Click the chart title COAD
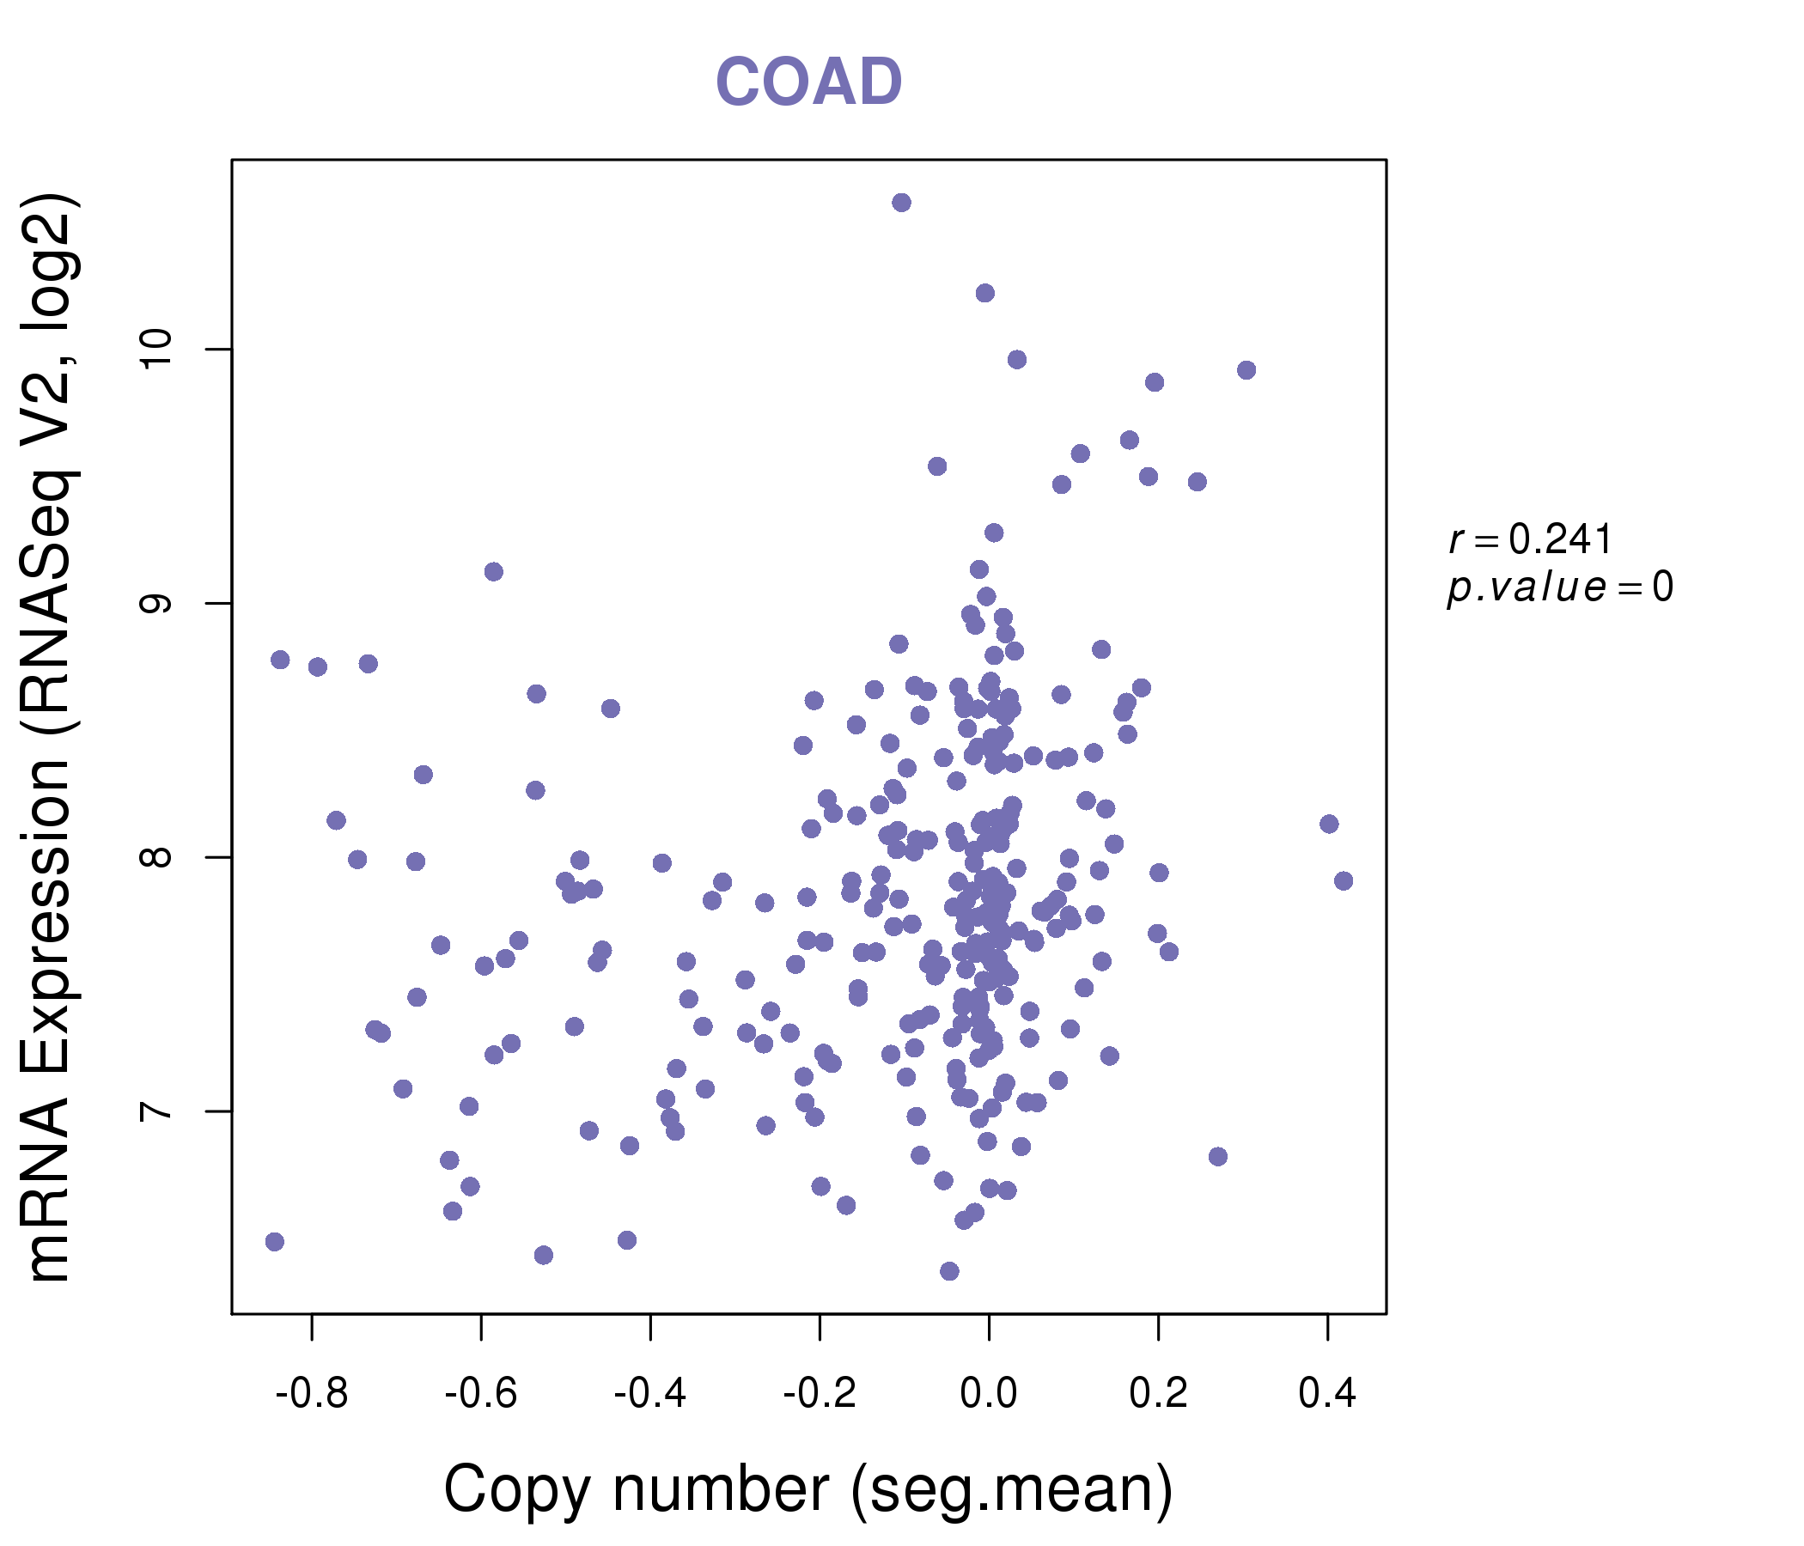808,82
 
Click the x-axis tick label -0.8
312,1394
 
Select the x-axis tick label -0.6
480,1394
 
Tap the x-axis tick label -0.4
650,1394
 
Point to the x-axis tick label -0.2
820,1394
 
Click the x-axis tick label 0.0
988,1394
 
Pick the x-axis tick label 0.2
1158,1394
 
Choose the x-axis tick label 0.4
1327,1394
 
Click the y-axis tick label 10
156,350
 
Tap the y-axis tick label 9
156,603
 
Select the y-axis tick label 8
156,857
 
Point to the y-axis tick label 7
156,1111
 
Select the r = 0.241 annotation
1530,539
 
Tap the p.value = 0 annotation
1559,587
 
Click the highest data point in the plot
901,203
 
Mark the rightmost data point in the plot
1344,881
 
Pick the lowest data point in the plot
949,1271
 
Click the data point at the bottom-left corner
275,1241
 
